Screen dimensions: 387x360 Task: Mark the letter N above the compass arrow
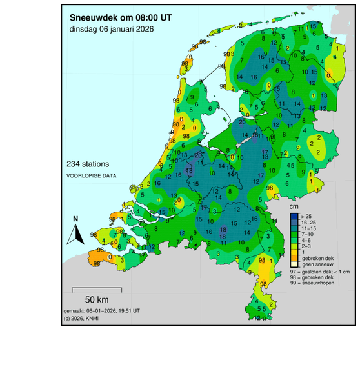(x=75, y=219)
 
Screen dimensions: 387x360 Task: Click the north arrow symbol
(x=75, y=235)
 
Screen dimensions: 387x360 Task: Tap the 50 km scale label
(x=96, y=300)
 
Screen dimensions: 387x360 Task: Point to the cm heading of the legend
(x=294, y=206)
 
